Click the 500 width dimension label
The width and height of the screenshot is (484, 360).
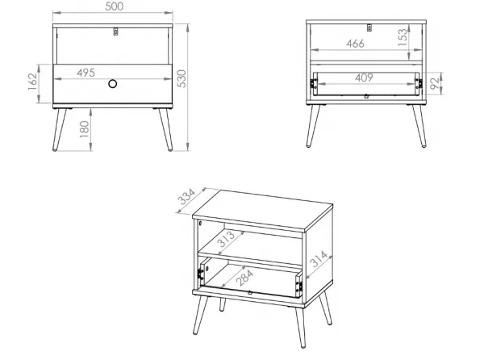click(115, 6)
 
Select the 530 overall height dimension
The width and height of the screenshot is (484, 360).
click(182, 79)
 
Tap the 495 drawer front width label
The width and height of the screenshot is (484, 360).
click(86, 73)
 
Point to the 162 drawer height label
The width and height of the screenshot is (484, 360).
click(33, 82)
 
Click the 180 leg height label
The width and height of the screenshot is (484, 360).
click(84, 129)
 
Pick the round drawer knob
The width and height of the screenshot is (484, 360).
click(113, 84)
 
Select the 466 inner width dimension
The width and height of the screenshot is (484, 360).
click(355, 44)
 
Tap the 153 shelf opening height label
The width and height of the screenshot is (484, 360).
click(403, 37)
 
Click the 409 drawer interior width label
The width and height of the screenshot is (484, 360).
click(365, 77)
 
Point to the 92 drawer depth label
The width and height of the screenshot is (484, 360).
click(434, 83)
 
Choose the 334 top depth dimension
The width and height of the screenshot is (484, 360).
click(187, 197)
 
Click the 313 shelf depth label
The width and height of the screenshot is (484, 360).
click(227, 239)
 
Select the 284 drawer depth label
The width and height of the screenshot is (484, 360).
click(244, 277)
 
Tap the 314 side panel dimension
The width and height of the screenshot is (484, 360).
click(319, 259)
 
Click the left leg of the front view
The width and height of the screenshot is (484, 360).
click(59, 129)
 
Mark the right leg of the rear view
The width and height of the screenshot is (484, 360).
click(419, 126)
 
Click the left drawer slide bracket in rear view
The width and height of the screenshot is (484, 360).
click(314, 83)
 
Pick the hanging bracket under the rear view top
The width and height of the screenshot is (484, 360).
click(369, 27)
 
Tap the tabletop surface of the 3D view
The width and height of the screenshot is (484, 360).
click(263, 210)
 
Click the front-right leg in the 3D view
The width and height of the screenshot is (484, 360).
click(300, 327)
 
